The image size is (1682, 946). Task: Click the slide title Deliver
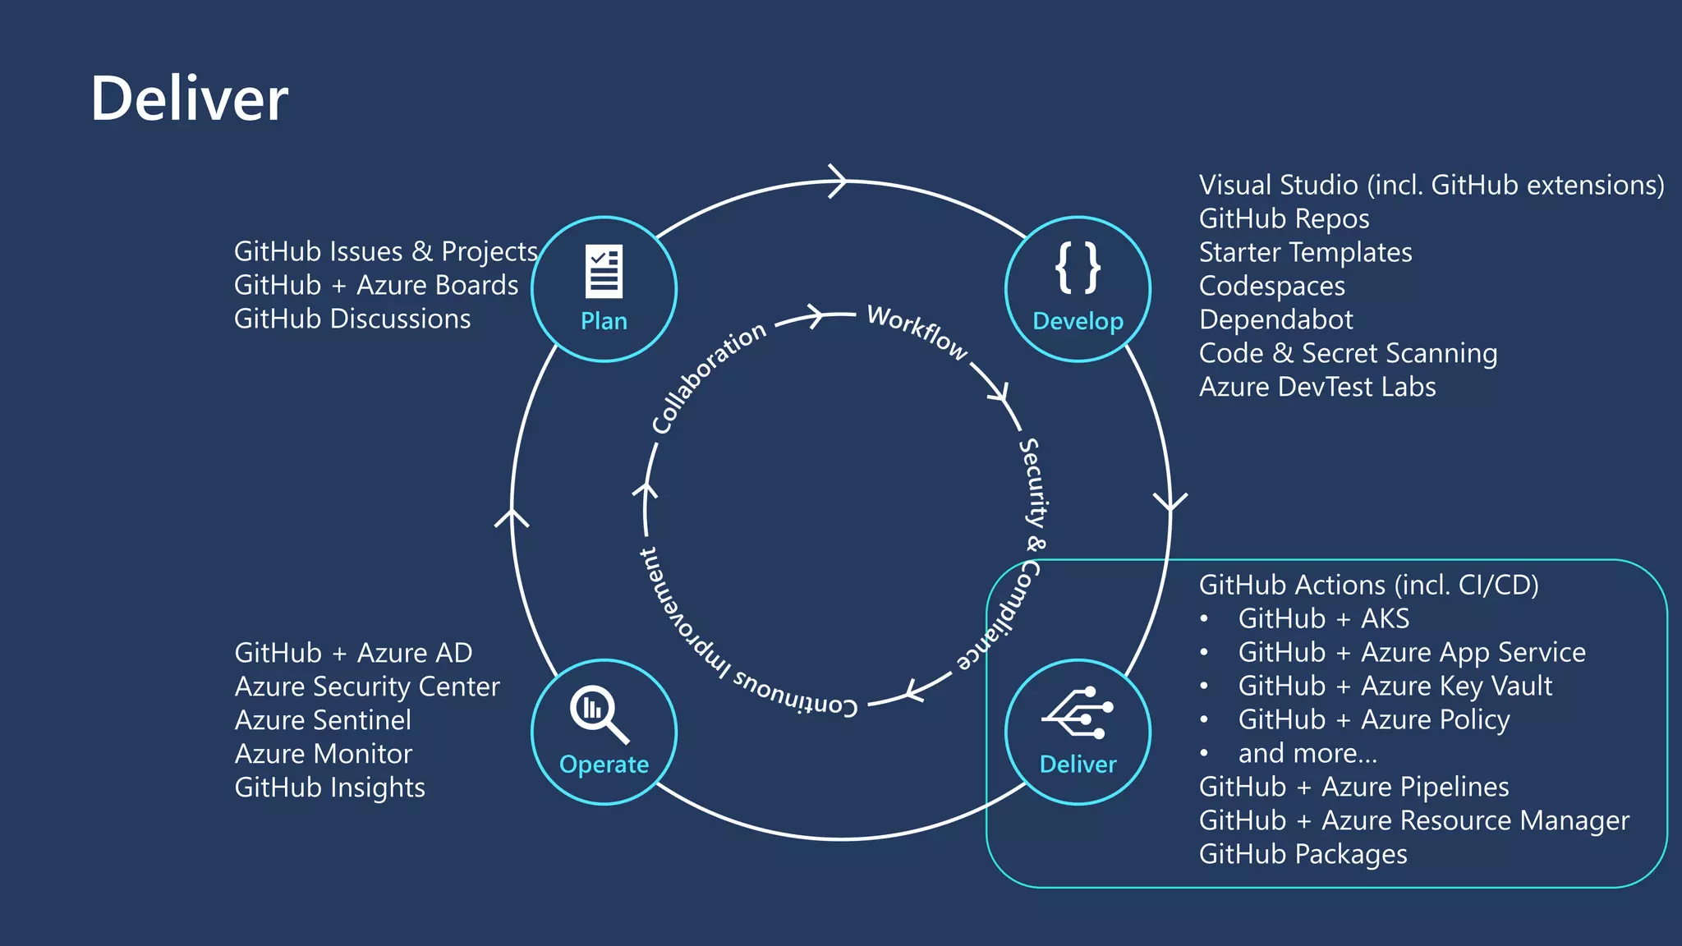point(189,99)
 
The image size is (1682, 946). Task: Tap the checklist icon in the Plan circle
point(604,271)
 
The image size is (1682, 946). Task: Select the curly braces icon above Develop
point(1078,268)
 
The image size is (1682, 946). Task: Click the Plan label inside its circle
point(604,321)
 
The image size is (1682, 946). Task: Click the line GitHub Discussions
point(352,319)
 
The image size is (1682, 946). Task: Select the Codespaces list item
point(1272,286)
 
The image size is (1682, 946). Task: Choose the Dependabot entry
point(1275,319)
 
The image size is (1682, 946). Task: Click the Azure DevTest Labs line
point(1317,387)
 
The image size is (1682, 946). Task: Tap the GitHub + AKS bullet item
point(1323,618)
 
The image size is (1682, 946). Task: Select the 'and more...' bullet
point(1307,753)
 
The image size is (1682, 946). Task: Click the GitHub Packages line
point(1303,854)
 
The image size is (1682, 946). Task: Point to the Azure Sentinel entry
point(323,720)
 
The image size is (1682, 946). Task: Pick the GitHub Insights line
point(329,788)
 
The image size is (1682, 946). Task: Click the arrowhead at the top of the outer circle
point(838,181)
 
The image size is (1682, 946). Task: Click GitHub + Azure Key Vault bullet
point(1395,686)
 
